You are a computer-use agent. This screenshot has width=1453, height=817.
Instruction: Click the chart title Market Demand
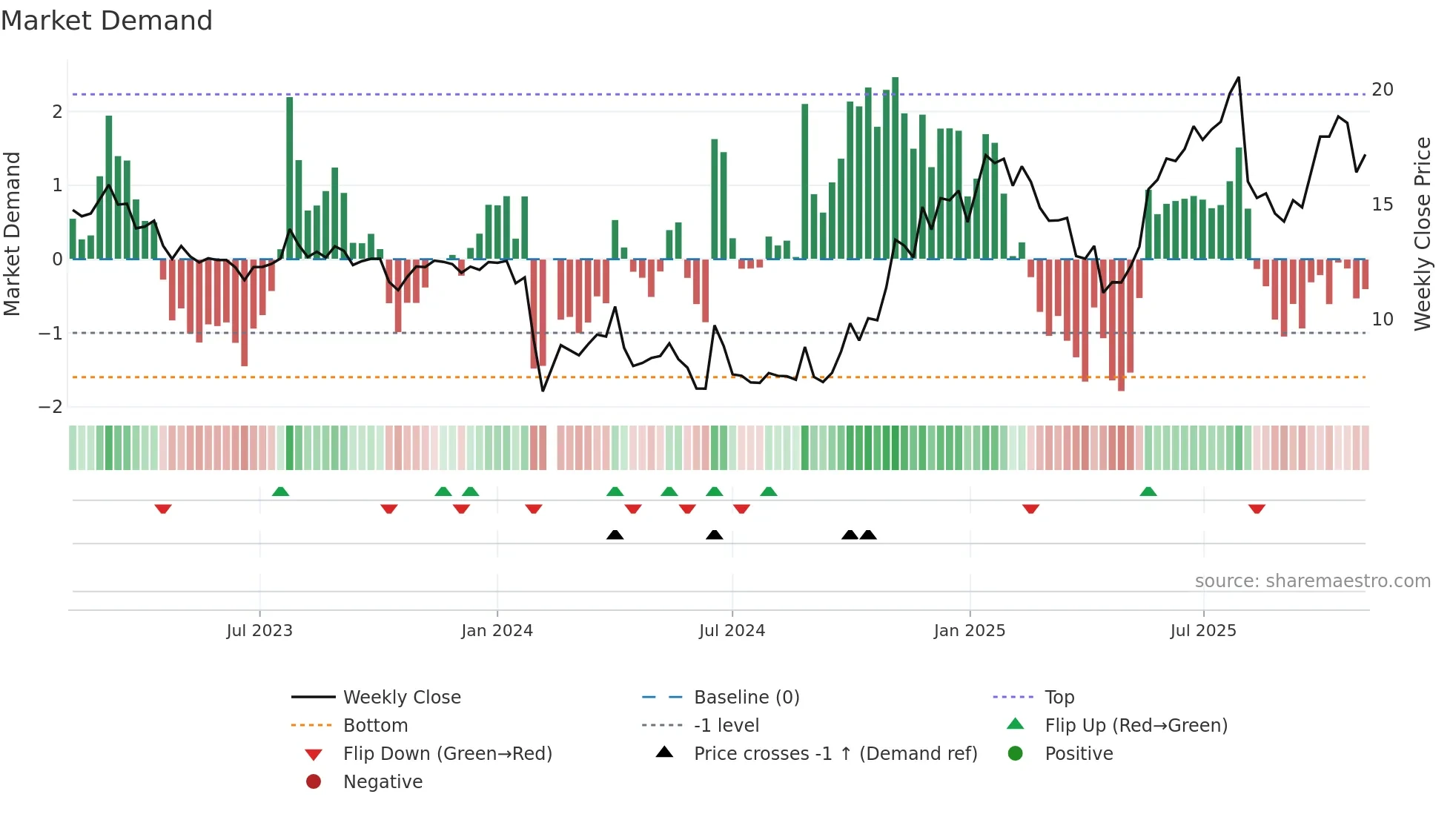point(107,21)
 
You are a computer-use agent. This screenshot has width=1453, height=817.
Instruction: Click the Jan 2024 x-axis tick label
point(497,631)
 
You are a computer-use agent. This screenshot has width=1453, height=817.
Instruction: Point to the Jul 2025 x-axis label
point(1203,631)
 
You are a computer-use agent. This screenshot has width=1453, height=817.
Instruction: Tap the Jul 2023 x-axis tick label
point(259,631)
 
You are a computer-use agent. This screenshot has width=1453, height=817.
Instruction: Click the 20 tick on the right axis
point(1382,90)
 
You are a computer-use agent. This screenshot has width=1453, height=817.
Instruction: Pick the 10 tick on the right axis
point(1382,320)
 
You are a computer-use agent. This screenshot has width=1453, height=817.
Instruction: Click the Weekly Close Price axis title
point(1422,234)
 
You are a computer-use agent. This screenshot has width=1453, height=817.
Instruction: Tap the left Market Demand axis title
point(13,234)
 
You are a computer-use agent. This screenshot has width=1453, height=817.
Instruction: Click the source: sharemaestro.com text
point(1312,581)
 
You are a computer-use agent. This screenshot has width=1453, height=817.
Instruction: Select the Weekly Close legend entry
point(401,698)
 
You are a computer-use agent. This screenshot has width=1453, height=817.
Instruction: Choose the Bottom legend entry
point(375,726)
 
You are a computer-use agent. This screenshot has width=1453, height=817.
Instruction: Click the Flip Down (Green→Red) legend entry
point(447,754)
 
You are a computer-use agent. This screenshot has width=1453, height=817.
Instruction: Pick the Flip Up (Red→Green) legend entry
point(1136,726)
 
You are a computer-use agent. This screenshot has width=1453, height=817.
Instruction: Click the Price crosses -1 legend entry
point(835,754)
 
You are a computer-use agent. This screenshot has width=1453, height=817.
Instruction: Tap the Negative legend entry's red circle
point(314,782)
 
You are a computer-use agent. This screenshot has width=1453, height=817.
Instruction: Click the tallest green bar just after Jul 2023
point(290,178)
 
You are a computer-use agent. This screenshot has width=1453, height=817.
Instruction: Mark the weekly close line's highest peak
point(1238,78)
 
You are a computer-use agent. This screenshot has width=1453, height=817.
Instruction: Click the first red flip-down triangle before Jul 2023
point(163,509)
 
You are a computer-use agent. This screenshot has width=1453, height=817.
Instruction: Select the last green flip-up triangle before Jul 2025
point(1148,492)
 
